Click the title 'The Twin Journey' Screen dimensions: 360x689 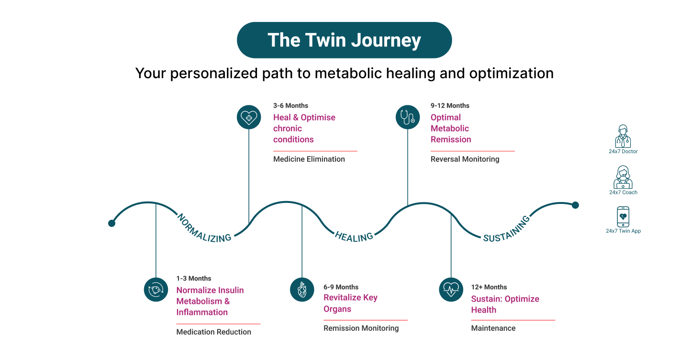coord(344,40)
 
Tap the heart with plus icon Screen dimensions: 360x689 coord(249,117)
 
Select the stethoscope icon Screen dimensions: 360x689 coord(408,117)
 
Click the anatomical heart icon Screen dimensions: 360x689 coord(302,290)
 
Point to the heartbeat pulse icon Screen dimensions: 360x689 coord(451,290)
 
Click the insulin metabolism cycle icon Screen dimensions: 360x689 coord(156,290)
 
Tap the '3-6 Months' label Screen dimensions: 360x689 coord(290,105)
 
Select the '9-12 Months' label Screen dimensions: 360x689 coord(450,105)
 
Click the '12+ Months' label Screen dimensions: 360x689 coord(489,287)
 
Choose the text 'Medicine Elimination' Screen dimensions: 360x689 coord(309,159)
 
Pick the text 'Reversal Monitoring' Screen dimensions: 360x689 coord(465,159)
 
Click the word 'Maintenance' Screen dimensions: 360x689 coord(493,328)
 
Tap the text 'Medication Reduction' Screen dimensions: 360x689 coord(213,332)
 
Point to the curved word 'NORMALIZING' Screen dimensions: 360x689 coord(203,228)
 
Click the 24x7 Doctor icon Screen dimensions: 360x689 coord(622,136)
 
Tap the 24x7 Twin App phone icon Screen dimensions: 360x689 coord(623,217)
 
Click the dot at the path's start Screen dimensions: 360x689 coord(112,223)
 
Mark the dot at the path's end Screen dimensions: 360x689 coord(575,205)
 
